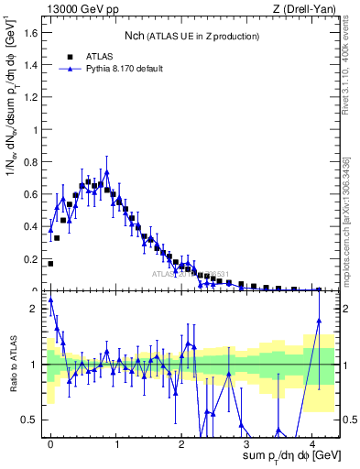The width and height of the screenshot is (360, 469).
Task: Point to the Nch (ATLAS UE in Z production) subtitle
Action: point(191,35)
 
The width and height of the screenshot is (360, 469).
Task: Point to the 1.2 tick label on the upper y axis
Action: point(33,97)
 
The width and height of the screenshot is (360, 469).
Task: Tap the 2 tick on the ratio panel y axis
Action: point(38,309)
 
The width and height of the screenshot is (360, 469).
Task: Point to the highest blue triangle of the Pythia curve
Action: point(107,171)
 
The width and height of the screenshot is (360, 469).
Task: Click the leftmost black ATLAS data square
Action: point(50,263)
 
